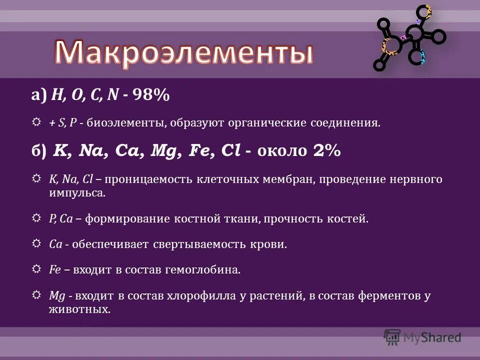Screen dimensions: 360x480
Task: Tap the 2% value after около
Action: pos(327,151)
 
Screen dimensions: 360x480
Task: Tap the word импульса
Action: pos(77,193)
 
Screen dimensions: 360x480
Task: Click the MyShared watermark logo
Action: pos(422,337)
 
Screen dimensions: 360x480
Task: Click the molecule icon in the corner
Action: pos(409,38)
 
